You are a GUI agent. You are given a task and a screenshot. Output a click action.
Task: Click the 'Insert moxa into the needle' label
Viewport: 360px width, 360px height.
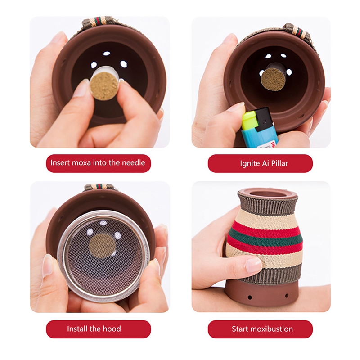(98, 163)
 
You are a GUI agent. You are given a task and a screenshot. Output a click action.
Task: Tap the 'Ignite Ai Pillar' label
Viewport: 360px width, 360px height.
(260, 163)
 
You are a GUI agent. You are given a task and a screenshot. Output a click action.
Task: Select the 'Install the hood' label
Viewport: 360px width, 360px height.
(98, 329)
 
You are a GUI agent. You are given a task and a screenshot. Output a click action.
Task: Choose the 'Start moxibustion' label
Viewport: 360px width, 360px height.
(260, 329)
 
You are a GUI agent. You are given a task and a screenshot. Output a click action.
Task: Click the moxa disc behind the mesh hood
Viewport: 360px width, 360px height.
(102, 246)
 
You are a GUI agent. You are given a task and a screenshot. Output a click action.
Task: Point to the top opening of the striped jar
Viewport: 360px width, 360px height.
(267, 193)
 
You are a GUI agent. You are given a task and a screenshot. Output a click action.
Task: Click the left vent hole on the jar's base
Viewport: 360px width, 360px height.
(250, 298)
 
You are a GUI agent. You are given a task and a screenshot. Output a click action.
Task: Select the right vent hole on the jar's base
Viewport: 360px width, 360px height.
(287, 296)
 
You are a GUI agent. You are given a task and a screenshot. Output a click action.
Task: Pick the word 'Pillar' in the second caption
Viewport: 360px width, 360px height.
(279, 163)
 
